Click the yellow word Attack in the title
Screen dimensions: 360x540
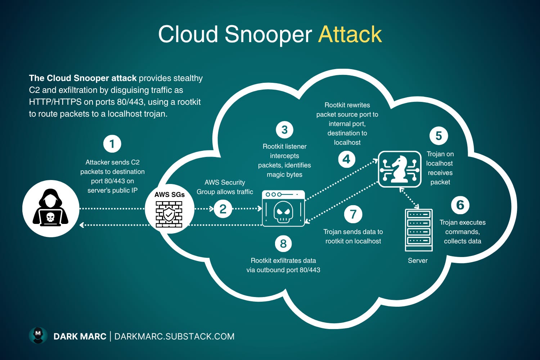pyautogui.click(x=350, y=35)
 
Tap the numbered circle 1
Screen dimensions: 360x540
pyautogui.click(x=112, y=144)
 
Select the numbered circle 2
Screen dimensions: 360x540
pyautogui.click(x=223, y=209)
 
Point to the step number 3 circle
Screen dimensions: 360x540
pyautogui.click(x=284, y=130)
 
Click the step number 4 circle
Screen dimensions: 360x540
pyautogui.click(x=347, y=159)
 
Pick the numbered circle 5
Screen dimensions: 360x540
pyautogui.click(x=438, y=136)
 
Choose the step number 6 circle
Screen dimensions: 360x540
pyautogui.click(x=460, y=205)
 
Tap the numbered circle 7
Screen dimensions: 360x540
pyautogui.click(x=353, y=215)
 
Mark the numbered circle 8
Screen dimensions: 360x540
pyautogui.click(x=283, y=244)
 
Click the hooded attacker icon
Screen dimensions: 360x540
pyautogui.click(x=51, y=208)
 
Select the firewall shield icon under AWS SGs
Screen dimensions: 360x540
pyautogui.click(x=169, y=214)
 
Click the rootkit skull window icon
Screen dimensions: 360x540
pyautogui.click(x=283, y=208)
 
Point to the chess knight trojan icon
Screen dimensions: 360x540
pyautogui.click(x=400, y=169)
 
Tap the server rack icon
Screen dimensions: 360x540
pyautogui.click(x=418, y=230)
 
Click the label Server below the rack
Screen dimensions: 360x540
pyautogui.click(x=418, y=261)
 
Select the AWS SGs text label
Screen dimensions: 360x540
pyautogui.click(x=169, y=195)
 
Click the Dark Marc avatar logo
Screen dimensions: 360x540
pyautogui.click(x=38, y=336)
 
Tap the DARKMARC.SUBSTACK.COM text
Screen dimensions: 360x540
pyautogui.click(x=174, y=337)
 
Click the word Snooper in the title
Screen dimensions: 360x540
pyautogui.click(x=268, y=35)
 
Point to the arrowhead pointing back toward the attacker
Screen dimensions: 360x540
pyautogui.click(x=82, y=225)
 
